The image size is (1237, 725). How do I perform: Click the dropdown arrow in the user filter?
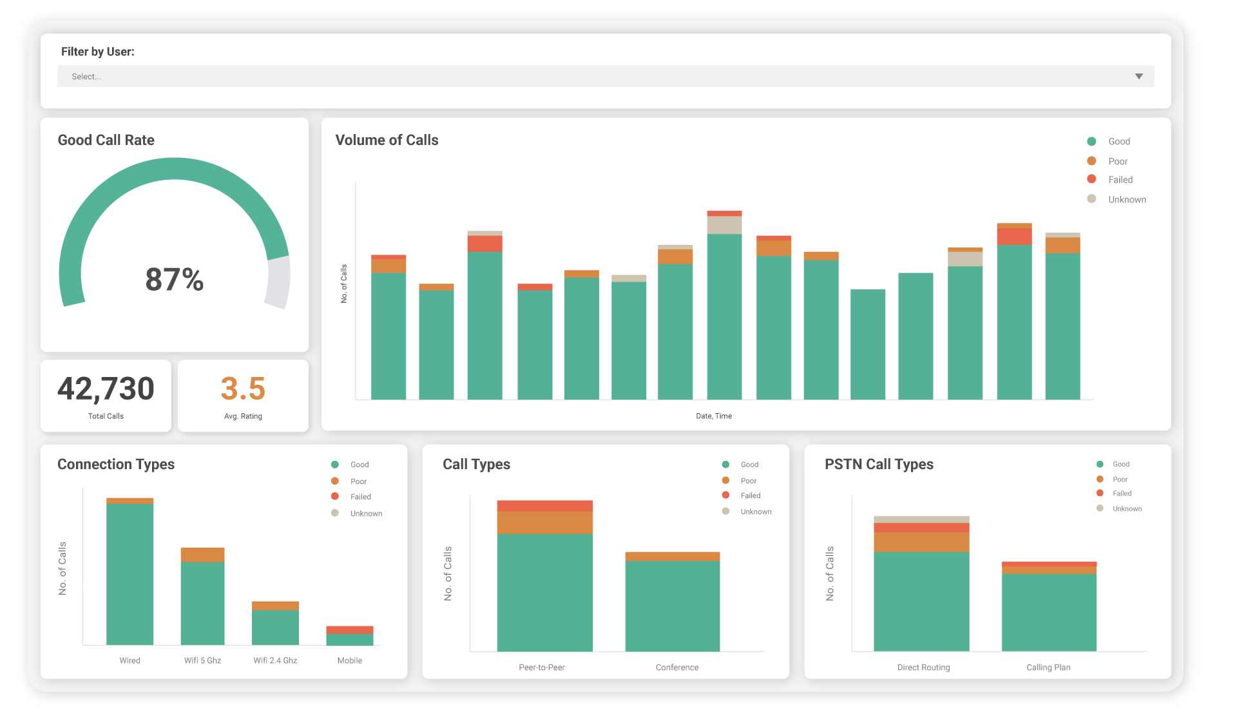[x=1138, y=77]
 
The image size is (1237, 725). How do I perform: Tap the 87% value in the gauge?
[x=174, y=280]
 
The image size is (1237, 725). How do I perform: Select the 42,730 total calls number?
[x=106, y=389]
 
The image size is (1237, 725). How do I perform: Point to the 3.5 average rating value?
[x=243, y=389]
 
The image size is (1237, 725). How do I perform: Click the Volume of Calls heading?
[x=387, y=140]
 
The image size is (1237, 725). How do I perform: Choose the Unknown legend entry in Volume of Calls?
[x=1126, y=200]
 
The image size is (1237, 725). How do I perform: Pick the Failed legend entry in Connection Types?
[x=360, y=497]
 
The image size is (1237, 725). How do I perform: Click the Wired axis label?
[x=129, y=661]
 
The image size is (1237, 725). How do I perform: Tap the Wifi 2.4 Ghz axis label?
[x=275, y=661]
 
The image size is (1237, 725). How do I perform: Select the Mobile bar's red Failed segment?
[x=350, y=630]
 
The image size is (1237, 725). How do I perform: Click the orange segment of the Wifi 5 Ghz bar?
[x=202, y=555]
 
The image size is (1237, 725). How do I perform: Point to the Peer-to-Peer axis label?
[x=542, y=668]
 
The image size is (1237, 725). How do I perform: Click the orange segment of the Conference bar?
[x=673, y=556]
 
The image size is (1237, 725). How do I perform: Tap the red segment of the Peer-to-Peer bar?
[x=544, y=506]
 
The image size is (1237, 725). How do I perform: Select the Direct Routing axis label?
[x=923, y=668]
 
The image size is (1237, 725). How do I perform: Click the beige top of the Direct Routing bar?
[x=921, y=519]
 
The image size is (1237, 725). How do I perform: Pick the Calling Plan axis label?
[x=1048, y=668]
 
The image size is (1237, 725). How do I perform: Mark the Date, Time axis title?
[x=714, y=416]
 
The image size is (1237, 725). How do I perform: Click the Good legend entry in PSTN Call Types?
[x=1120, y=464]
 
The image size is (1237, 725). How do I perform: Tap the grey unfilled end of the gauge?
[x=278, y=282]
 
